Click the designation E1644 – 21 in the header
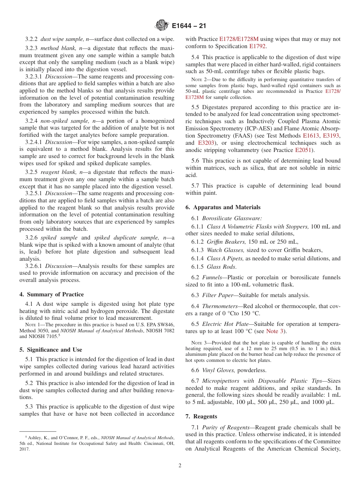tap(189, 26)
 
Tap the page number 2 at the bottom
tap(180, 465)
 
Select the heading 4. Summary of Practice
tap(52, 294)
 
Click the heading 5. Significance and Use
tap(51, 350)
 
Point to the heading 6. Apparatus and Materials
tap(223, 207)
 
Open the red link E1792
tap(258, 46)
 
